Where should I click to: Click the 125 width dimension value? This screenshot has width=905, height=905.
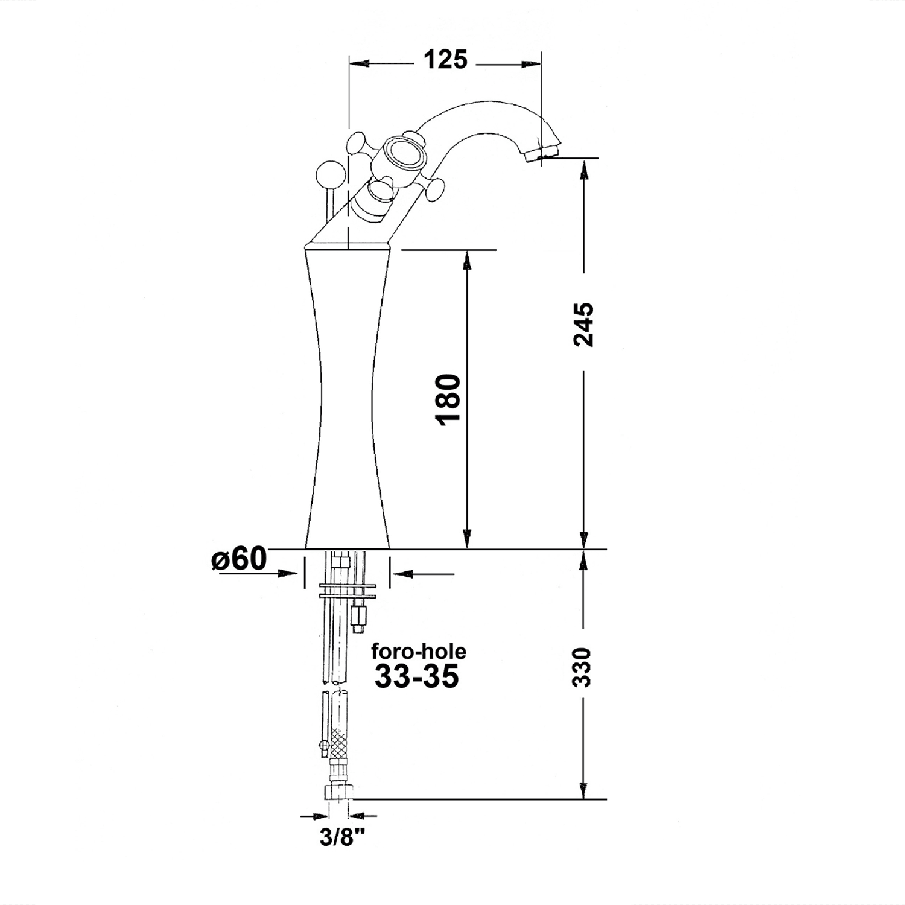tap(445, 60)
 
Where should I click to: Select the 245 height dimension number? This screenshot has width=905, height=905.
tap(583, 325)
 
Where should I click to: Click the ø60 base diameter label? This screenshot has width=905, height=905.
tap(239, 560)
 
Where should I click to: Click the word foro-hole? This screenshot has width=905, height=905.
tap(419, 652)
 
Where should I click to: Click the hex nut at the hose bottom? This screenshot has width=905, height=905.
tap(340, 791)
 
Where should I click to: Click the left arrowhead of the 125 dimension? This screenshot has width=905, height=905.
tap(359, 63)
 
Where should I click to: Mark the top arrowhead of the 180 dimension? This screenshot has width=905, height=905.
tap(466, 259)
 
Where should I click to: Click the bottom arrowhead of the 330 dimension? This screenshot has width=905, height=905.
tap(583, 790)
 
